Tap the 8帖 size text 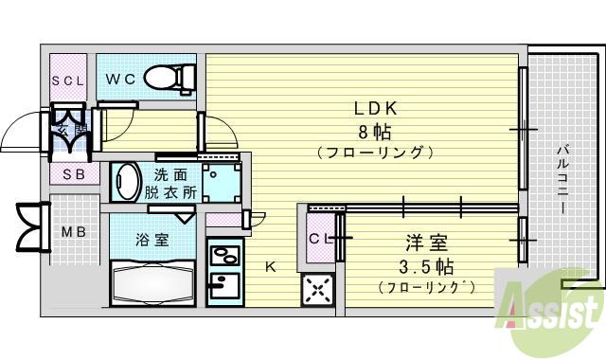coord(375,131)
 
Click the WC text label coord(119,79)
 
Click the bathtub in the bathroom coord(154,283)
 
